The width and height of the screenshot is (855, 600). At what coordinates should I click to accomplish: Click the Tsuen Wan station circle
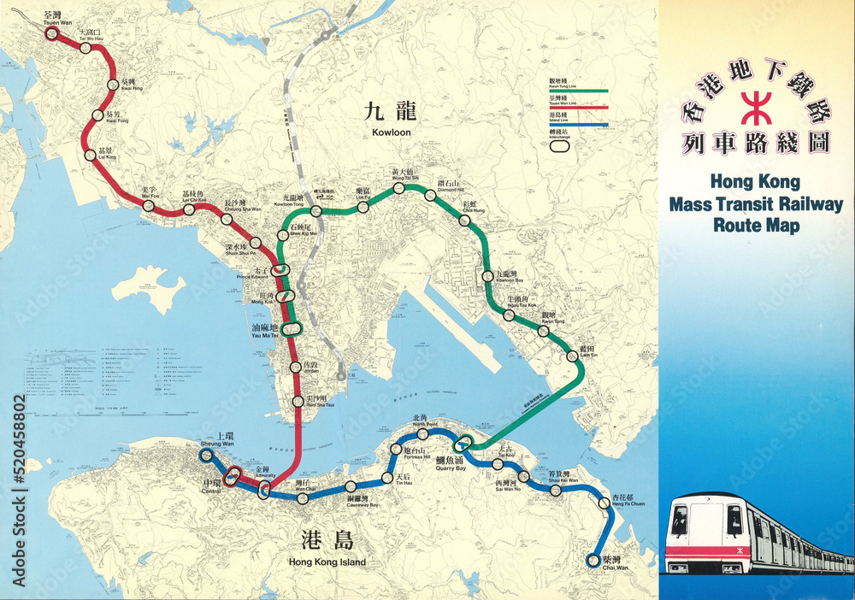coord(51,34)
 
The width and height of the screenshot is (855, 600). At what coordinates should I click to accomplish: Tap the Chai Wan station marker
coord(593,561)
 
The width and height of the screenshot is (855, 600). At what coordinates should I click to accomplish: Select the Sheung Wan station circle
coord(206,456)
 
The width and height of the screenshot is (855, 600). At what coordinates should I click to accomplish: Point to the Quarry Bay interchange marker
coord(463,443)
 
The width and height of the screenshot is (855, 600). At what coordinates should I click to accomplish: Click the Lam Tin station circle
coord(572,356)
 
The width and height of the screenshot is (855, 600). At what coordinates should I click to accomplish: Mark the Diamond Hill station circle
coord(431,195)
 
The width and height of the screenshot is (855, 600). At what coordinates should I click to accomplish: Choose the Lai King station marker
coord(91,155)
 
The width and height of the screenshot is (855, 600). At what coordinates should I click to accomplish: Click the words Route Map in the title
coord(757,226)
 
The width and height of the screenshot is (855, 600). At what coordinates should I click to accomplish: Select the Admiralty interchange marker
coord(264,489)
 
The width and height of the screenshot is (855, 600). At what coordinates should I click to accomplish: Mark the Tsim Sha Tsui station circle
coord(298,401)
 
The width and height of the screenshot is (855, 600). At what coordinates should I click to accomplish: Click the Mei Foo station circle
coord(150,206)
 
